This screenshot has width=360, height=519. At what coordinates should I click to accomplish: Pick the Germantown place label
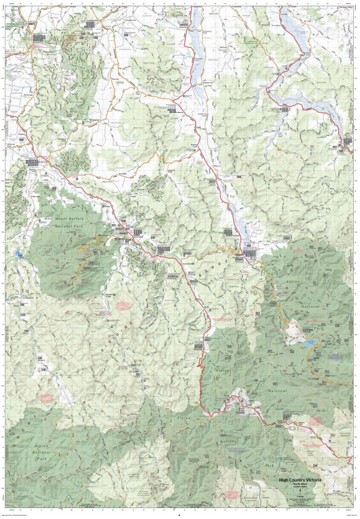click(x=188, y=263)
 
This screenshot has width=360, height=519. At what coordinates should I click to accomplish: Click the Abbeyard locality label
click(x=42, y=359)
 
